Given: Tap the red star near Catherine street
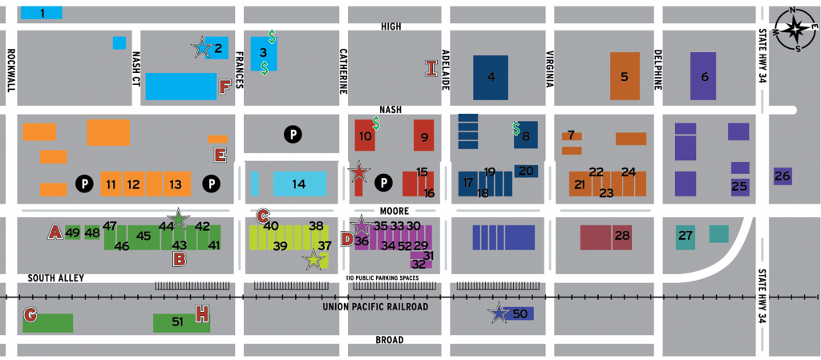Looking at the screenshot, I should [x=359, y=172].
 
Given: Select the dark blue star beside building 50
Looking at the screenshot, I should [x=499, y=314].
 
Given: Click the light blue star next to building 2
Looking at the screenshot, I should [x=200, y=49].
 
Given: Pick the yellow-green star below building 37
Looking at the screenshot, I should [x=314, y=260].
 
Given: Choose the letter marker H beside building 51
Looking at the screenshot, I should [x=202, y=314].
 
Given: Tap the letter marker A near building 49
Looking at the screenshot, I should [x=55, y=233].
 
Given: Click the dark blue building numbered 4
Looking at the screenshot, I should [x=491, y=77].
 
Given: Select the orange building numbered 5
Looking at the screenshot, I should [x=625, y=76].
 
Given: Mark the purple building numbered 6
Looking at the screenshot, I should [x=703, y=76].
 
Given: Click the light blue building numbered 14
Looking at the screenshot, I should [x=299, y=184].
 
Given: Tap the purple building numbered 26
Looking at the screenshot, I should [x=783, y=176].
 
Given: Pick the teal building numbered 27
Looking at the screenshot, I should [x=685, y=237].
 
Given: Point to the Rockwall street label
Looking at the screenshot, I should [x=10, y=71].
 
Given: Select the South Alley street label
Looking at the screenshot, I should [x=55, y=278].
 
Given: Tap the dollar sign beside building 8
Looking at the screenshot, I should [x=516, y=127].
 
